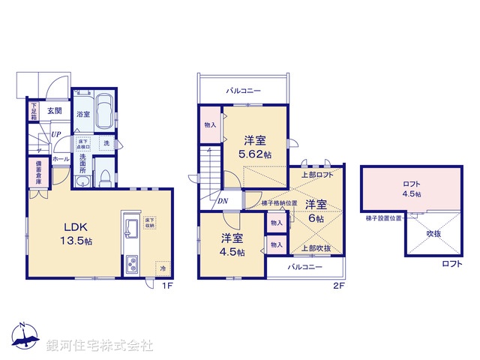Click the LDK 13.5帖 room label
(x=76, y=234)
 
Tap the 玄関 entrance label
(x=55, y=110)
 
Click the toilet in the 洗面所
(x=106, y=177)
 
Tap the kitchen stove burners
(x=130, y=264)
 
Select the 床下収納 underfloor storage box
(x=149, y=223)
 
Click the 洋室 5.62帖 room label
(x=255, y=146)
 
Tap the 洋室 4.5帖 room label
(x=232, y=244)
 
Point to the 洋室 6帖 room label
(x=315, y=209)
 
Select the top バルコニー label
(x=244, y=91)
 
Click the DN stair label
(x=223, y=200)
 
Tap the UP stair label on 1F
(x=57, y=135)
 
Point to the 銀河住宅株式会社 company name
(x=100, y=345)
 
